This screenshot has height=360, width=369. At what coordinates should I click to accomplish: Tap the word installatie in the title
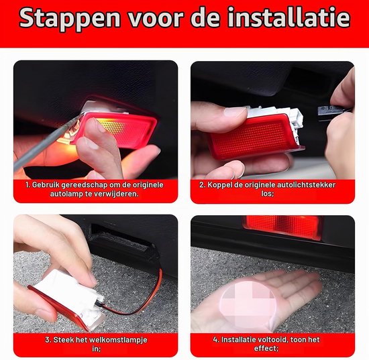tap(289, 17)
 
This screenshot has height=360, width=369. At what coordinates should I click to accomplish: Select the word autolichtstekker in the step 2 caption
tap(307, 185)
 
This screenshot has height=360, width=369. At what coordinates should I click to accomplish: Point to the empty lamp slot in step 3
tap(121, 237)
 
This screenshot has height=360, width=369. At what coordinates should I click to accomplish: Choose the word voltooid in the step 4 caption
tap(270, 339)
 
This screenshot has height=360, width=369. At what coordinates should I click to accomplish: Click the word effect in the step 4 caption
tap(266, 348)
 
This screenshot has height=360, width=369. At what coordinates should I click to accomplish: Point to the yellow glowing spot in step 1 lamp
tap(111, 125)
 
